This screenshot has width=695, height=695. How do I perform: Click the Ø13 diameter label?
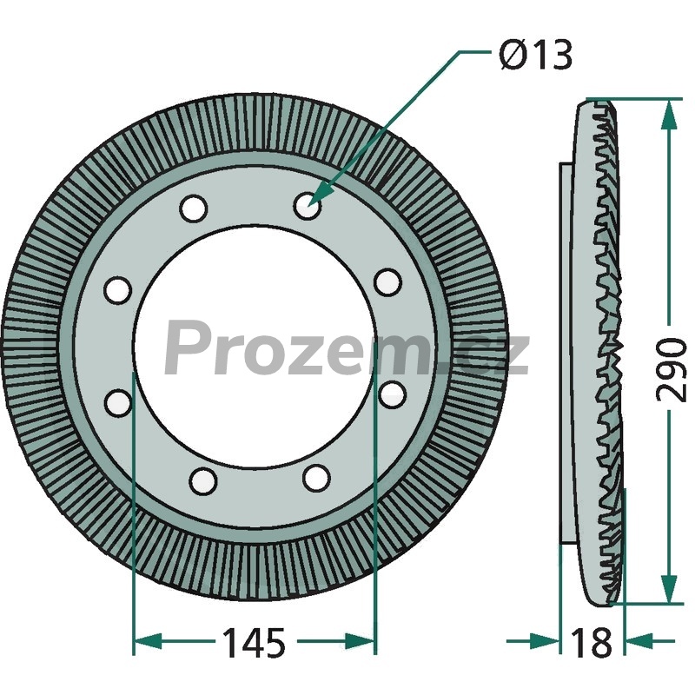click(535, 55)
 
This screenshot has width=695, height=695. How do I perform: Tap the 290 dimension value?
click(672, 370)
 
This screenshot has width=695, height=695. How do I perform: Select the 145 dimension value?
click(254, 643)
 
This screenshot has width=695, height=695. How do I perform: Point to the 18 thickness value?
click(592, 643)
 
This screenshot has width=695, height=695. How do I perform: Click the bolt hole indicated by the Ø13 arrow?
click(308, 205)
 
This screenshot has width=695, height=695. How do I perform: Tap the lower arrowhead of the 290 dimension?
click(668, 589)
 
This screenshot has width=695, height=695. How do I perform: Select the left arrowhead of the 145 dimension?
click(147, 641)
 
